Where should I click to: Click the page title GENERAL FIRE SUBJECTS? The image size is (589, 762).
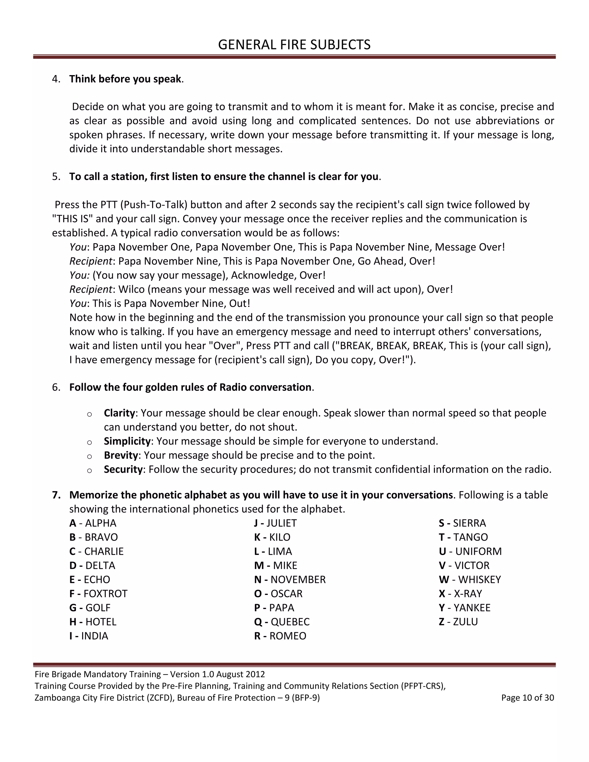click(x=294, y=45)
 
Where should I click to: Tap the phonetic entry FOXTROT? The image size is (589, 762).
click(x=105, y=593)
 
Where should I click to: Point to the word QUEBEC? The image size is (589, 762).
click(x=290, y=622)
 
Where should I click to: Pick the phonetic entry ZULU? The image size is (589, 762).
click(x=465, y=622)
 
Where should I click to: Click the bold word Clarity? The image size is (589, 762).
click(x=119, y=413)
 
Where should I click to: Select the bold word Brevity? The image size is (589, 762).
click(x=121, y=455)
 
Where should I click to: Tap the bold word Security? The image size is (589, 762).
click(x=123, y=469)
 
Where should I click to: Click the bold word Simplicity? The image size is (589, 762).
click(x=127, y=441)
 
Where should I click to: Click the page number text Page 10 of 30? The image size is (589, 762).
click(x=527, y=698)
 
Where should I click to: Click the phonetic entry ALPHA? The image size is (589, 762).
click(x=100, y=523)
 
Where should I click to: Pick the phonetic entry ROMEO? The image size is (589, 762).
click(x=288, y=636)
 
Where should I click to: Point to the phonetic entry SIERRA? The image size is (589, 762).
click(x=469, y=523)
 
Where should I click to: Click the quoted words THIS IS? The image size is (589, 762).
click(x=72, y=219)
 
